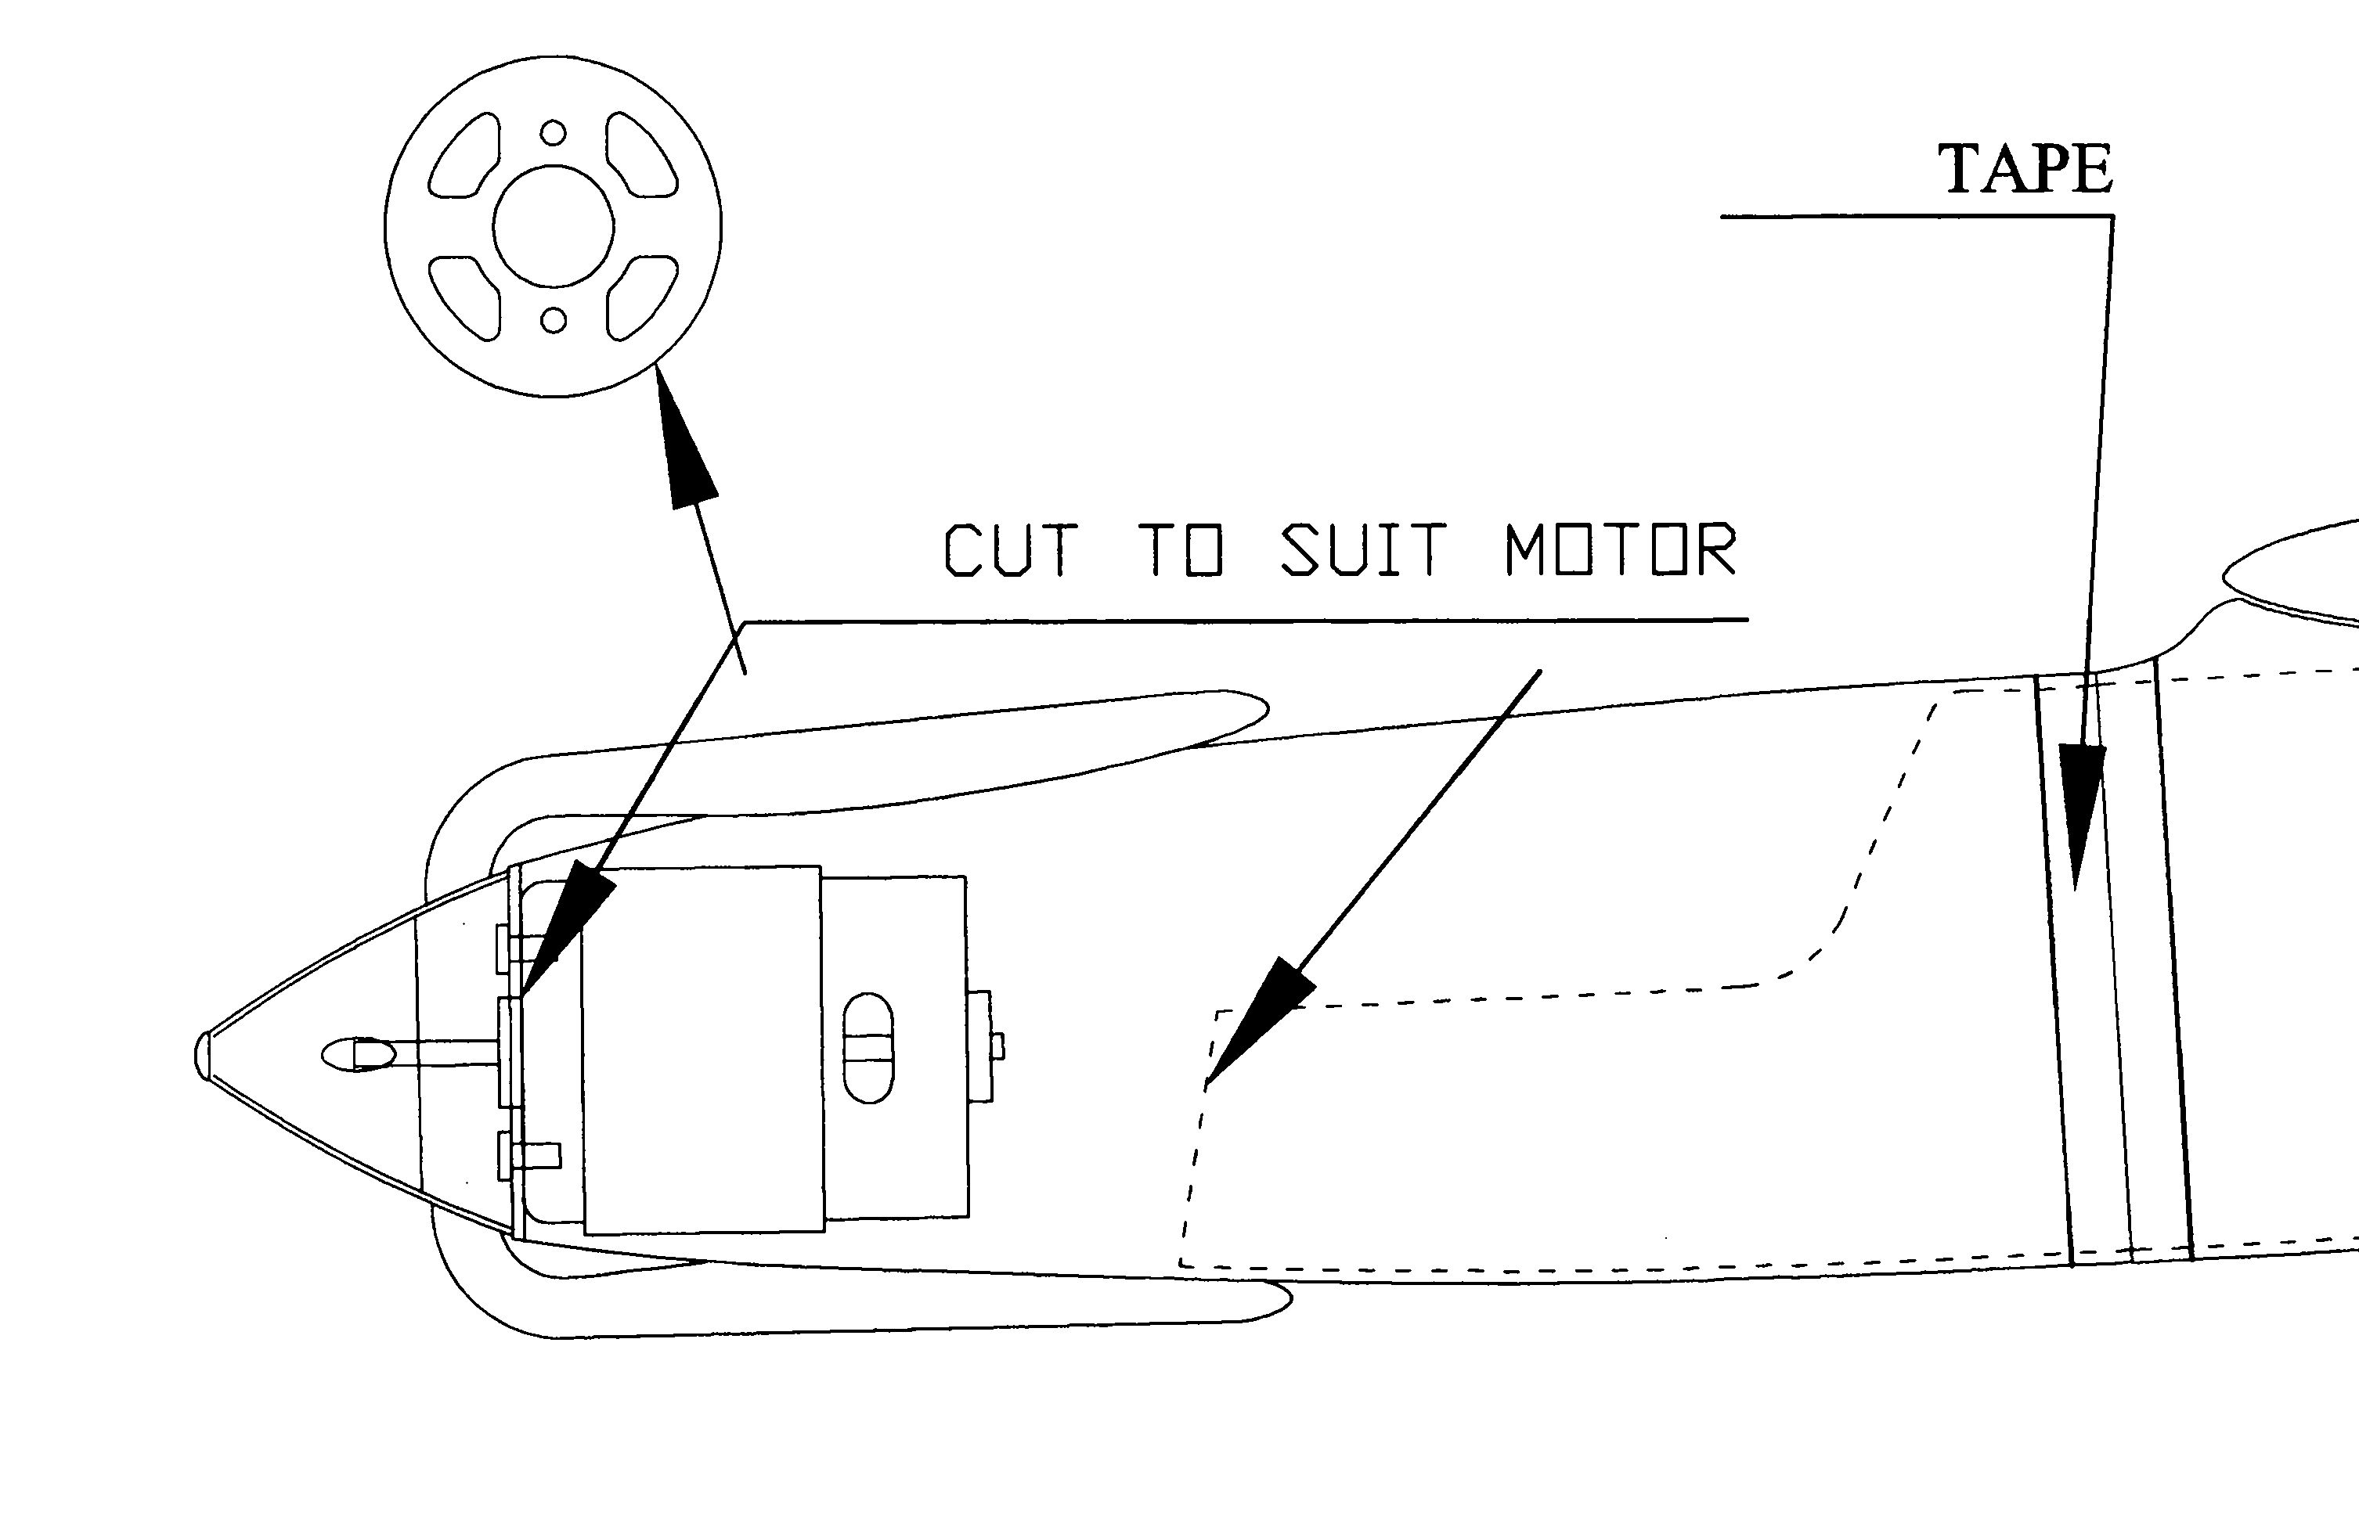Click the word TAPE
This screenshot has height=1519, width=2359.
2025,169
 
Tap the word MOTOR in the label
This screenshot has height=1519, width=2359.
1620,549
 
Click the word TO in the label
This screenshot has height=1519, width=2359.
1187,549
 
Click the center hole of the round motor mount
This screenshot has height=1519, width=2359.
554,226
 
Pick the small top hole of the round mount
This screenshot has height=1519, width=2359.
554,132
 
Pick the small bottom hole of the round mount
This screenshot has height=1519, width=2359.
554,319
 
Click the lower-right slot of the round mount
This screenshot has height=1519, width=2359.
642,296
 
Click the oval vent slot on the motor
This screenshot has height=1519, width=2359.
868,1048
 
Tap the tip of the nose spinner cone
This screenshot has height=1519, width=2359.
202,1054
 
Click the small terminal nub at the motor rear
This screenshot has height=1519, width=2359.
997,1046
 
